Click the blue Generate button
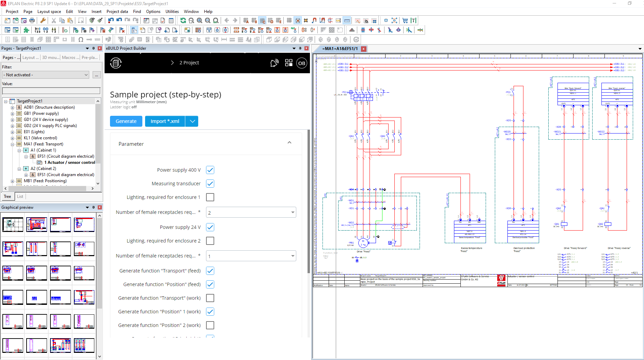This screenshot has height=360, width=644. [x=126, y=121]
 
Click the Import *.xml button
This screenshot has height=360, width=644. [x=165, y=121]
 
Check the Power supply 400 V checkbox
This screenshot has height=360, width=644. [x=210, y=170]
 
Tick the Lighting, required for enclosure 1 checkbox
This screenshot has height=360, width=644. [x=210, y=197]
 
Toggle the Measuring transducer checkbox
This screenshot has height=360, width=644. [x=210, y=184]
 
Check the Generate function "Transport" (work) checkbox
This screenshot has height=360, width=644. [x=210, y=298]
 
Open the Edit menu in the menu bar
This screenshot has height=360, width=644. [x=69, y=12]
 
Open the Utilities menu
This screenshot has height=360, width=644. [x=172, y=12]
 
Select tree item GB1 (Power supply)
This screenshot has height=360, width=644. [x=41, y=113]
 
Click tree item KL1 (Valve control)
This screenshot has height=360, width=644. [x=40, y=138]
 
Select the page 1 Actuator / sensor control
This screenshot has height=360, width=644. [x=69, y=162]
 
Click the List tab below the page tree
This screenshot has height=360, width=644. [x=20, y=197]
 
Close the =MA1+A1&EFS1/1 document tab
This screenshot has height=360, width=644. [x=363, y=49]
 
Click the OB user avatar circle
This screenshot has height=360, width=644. [x=301, y=63]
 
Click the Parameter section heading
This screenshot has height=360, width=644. [x=131, y=144]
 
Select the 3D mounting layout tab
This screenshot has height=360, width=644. [x=50, y=58]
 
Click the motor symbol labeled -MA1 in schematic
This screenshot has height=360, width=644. [x=363, y=242]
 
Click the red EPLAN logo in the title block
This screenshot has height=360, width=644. [x=501, y=280]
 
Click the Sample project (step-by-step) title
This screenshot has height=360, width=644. [x=166, y=94]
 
